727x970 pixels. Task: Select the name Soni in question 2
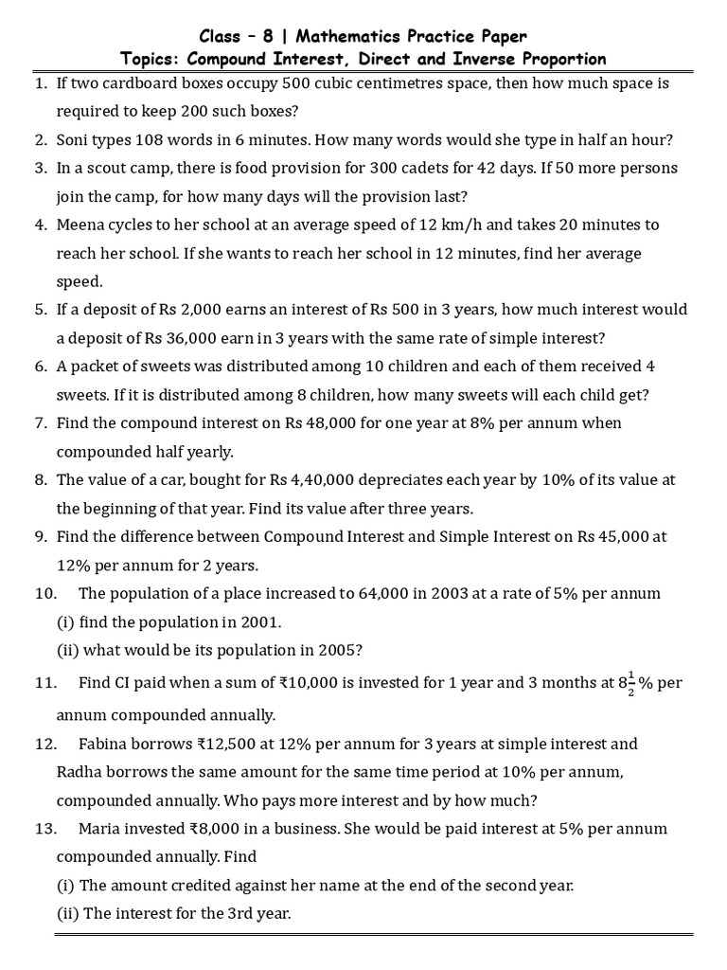click(75, 140)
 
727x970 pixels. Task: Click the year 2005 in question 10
click(339, 651)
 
